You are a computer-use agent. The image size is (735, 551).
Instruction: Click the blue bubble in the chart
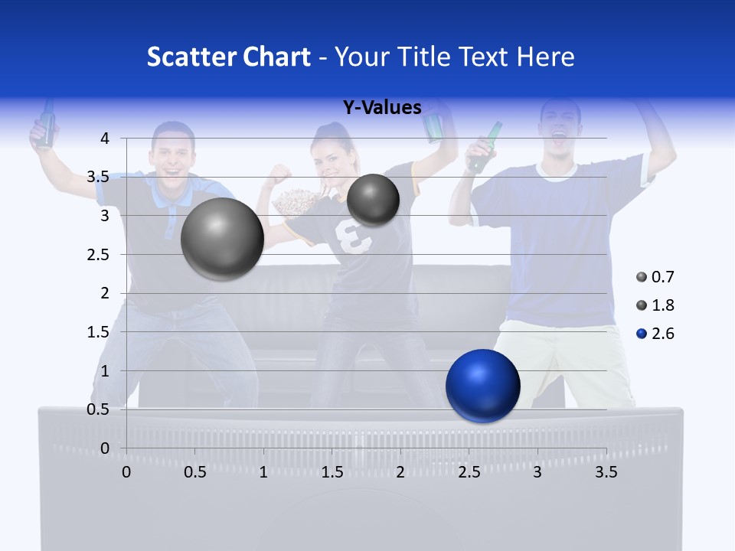pyautogui.click(x=482, y=386)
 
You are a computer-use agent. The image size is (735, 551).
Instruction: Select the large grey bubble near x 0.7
pyautogui.click(x=222, y=239)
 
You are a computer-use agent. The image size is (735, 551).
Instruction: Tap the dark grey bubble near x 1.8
pyautogui.click(x=373, y=200)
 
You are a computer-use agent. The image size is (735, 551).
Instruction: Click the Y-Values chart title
pyautogui.click(x=382, y=108)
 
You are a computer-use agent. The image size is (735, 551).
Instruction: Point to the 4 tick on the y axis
pyautogui.click(x=105, y=139)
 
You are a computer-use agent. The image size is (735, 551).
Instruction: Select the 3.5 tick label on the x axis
pyautogui.click(x=606, y=472)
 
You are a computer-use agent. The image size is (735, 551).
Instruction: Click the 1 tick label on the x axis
pyautogui.click(x=263, y=472)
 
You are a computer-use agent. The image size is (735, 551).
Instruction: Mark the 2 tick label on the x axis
pyautogui.click(x=400, y=472)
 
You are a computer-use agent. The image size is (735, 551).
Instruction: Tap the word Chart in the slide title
pyautogui.click(x=276, y=57)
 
